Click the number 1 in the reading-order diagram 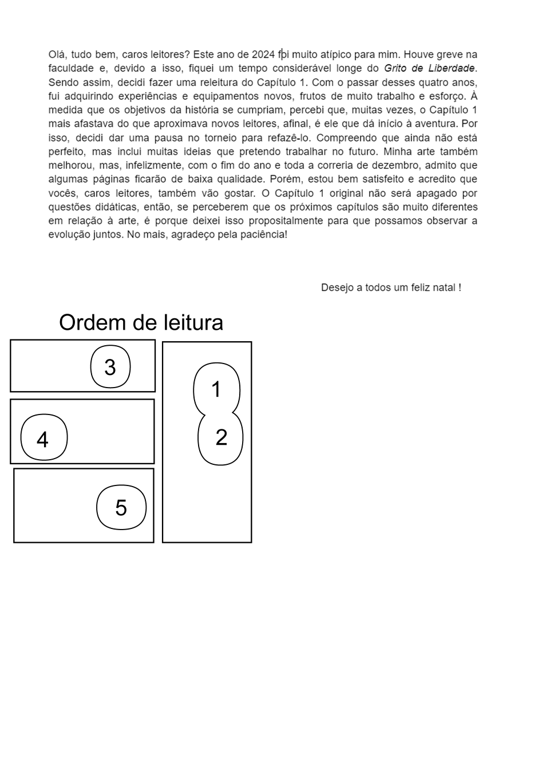point(216,390)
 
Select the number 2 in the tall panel point(221,438)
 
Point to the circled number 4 point(42,440)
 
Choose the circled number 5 point(121,508)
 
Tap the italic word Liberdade point(452,69)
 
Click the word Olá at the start point(57,55)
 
